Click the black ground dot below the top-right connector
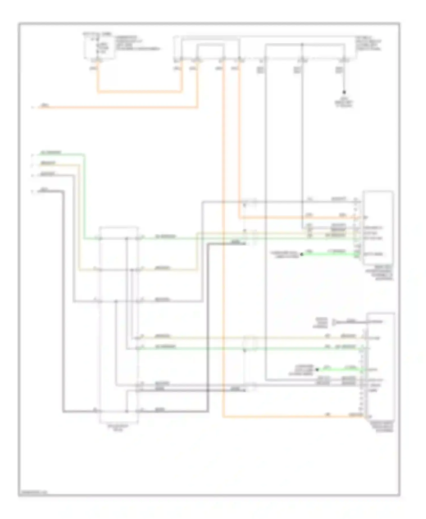coord(344,92)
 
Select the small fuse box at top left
coord(99,47)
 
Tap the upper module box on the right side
coord(379,228)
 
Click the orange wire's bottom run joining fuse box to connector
coord(139,92)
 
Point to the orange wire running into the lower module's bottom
coord(293,417)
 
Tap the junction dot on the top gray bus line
coord(302,45)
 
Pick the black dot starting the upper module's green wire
coord(302,254)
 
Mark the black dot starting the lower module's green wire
coord(317,370)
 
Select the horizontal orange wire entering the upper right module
coord(298,218)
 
